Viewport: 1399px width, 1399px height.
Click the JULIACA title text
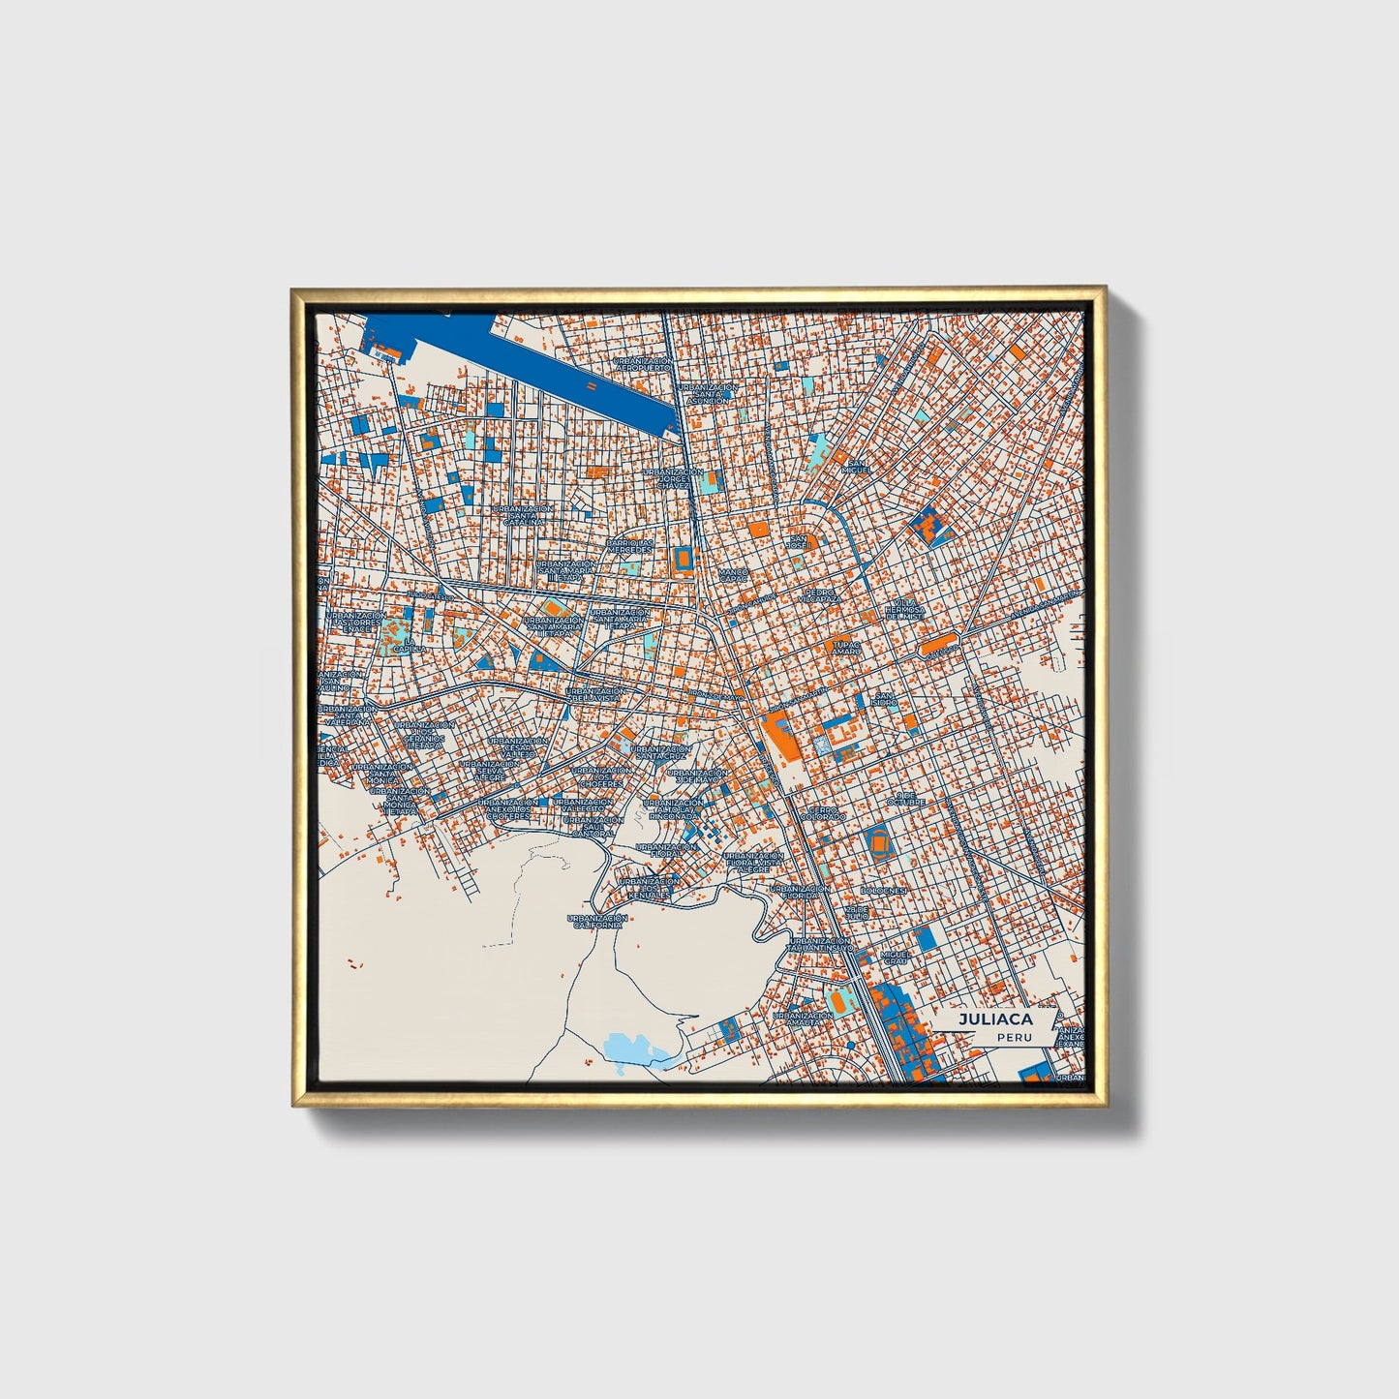point(995,1019)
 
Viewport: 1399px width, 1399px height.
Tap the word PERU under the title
point(1016,1037)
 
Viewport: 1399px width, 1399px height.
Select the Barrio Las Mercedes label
point(629,546)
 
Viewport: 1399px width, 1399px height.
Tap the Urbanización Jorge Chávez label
point(674,478)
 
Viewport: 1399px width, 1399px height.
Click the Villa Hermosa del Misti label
point(905,610)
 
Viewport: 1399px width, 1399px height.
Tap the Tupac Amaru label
point(845,648)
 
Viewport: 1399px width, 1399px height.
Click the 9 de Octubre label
point(906,799)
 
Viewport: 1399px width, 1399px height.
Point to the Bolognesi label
point(882,890)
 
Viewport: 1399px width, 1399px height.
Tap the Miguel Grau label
point(894,958)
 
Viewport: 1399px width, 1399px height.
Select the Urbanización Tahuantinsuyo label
point(819,944)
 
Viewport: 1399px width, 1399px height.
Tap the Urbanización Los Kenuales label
point(648,889)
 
